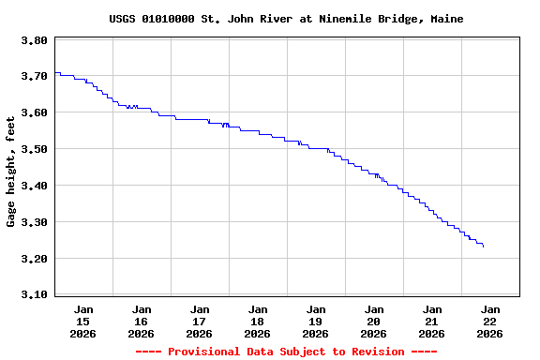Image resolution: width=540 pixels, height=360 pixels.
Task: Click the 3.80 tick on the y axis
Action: pos(34,40)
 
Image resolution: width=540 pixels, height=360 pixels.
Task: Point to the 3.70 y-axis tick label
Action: pos(34,77)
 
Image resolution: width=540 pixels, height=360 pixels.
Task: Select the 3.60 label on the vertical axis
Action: pos(34,113)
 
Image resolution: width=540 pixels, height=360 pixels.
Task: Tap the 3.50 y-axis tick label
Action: pos(34,149)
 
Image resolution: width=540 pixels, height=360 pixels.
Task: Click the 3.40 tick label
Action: pos(34,186)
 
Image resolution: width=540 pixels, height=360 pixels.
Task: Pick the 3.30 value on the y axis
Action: pos(34,222)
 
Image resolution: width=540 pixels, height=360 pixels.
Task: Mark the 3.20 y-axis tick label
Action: pos(34,259)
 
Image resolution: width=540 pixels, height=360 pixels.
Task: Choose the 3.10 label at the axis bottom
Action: pos(34,295)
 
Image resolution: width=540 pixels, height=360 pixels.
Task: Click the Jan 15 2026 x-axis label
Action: pos(83,321)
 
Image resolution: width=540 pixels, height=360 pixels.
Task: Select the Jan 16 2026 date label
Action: pos(142,321)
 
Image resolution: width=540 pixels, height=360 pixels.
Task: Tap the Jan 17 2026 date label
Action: pos(200,321)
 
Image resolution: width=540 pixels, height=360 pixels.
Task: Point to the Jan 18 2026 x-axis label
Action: pos(258,321)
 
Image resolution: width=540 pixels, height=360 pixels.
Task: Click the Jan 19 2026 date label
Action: pos(316,321)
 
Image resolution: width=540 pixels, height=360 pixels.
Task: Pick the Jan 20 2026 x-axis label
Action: pos(374,321)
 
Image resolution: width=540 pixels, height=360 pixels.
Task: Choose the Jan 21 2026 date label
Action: pos(432,321)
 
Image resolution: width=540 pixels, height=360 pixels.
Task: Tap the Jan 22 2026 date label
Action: pos(490,321)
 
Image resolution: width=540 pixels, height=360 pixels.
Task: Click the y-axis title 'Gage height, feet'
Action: pos(11,171)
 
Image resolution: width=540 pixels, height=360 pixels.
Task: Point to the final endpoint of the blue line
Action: pos(484,247)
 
